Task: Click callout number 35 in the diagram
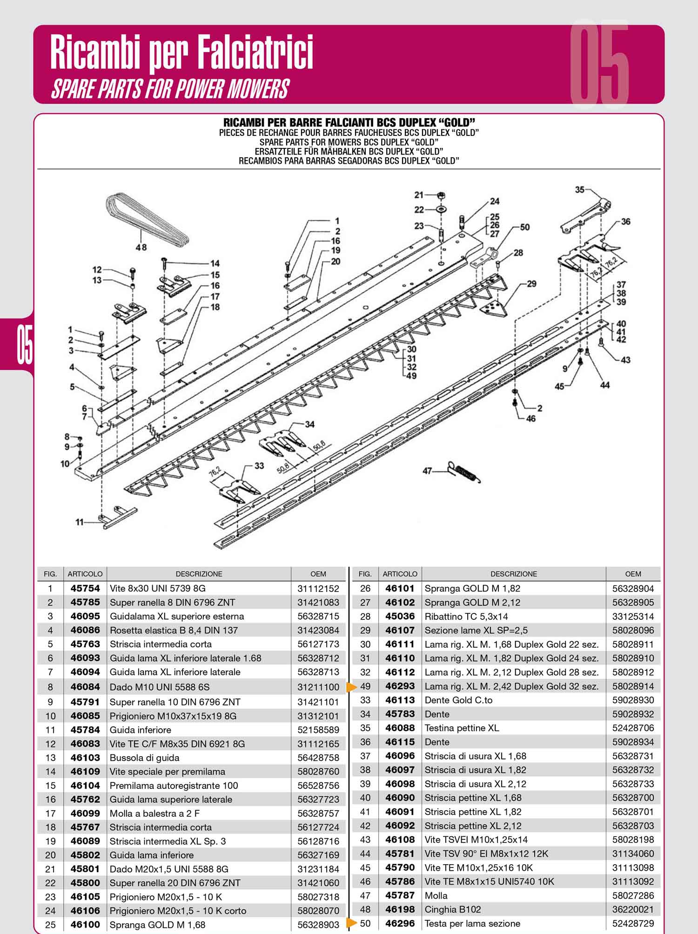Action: click(579, 190)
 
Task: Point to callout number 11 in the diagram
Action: click(80, 522)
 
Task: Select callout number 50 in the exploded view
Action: click(525, 227)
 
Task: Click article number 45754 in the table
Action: click(85, 588)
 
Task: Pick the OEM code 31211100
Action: click(318, 687)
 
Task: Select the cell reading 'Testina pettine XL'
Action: click(462, 728)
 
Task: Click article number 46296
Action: click(400, 923)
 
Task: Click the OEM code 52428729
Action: click(633, 923)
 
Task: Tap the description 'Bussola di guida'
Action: click(144, 758)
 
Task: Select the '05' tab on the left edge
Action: click(25, 345)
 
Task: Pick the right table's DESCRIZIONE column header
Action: click(514, 574)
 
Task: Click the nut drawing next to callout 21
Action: click(442, 195)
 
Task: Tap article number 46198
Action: click(400, 909)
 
